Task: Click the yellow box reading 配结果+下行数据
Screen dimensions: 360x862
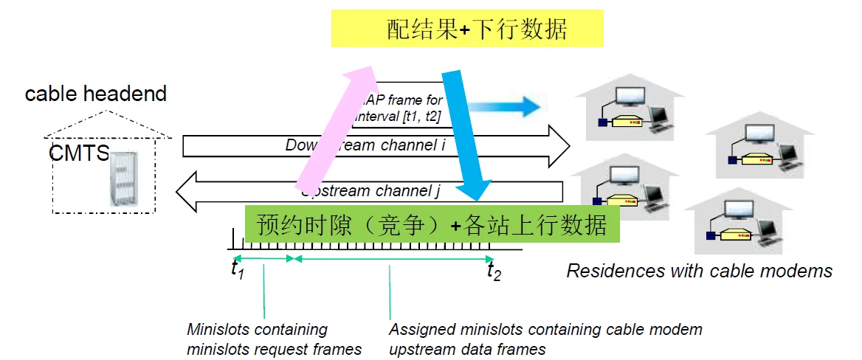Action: tap(467, 29)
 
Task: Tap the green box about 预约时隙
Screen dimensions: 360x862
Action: tap(432, 224)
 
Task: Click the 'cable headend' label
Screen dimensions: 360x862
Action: tap(96, 94)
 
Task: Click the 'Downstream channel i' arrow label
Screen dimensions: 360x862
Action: tap(365, 145)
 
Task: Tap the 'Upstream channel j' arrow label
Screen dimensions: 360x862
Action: tap(373, 192)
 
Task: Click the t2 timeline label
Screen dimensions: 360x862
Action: tap(494, 271)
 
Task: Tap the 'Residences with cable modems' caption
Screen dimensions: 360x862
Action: tap(699, 271)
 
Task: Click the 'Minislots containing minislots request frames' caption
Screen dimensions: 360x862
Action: tap(274, 339)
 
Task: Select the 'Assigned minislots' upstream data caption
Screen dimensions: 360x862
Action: tap(545, 339)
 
